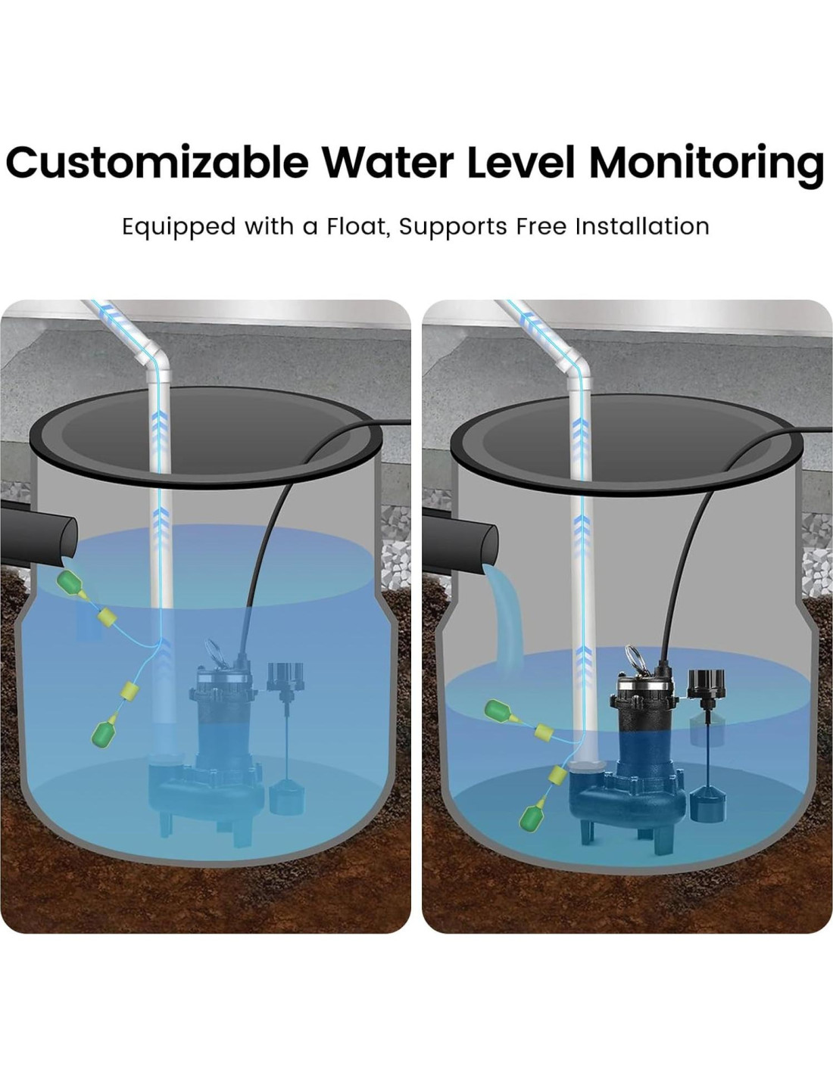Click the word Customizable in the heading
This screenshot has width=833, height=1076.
coord(158,162)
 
